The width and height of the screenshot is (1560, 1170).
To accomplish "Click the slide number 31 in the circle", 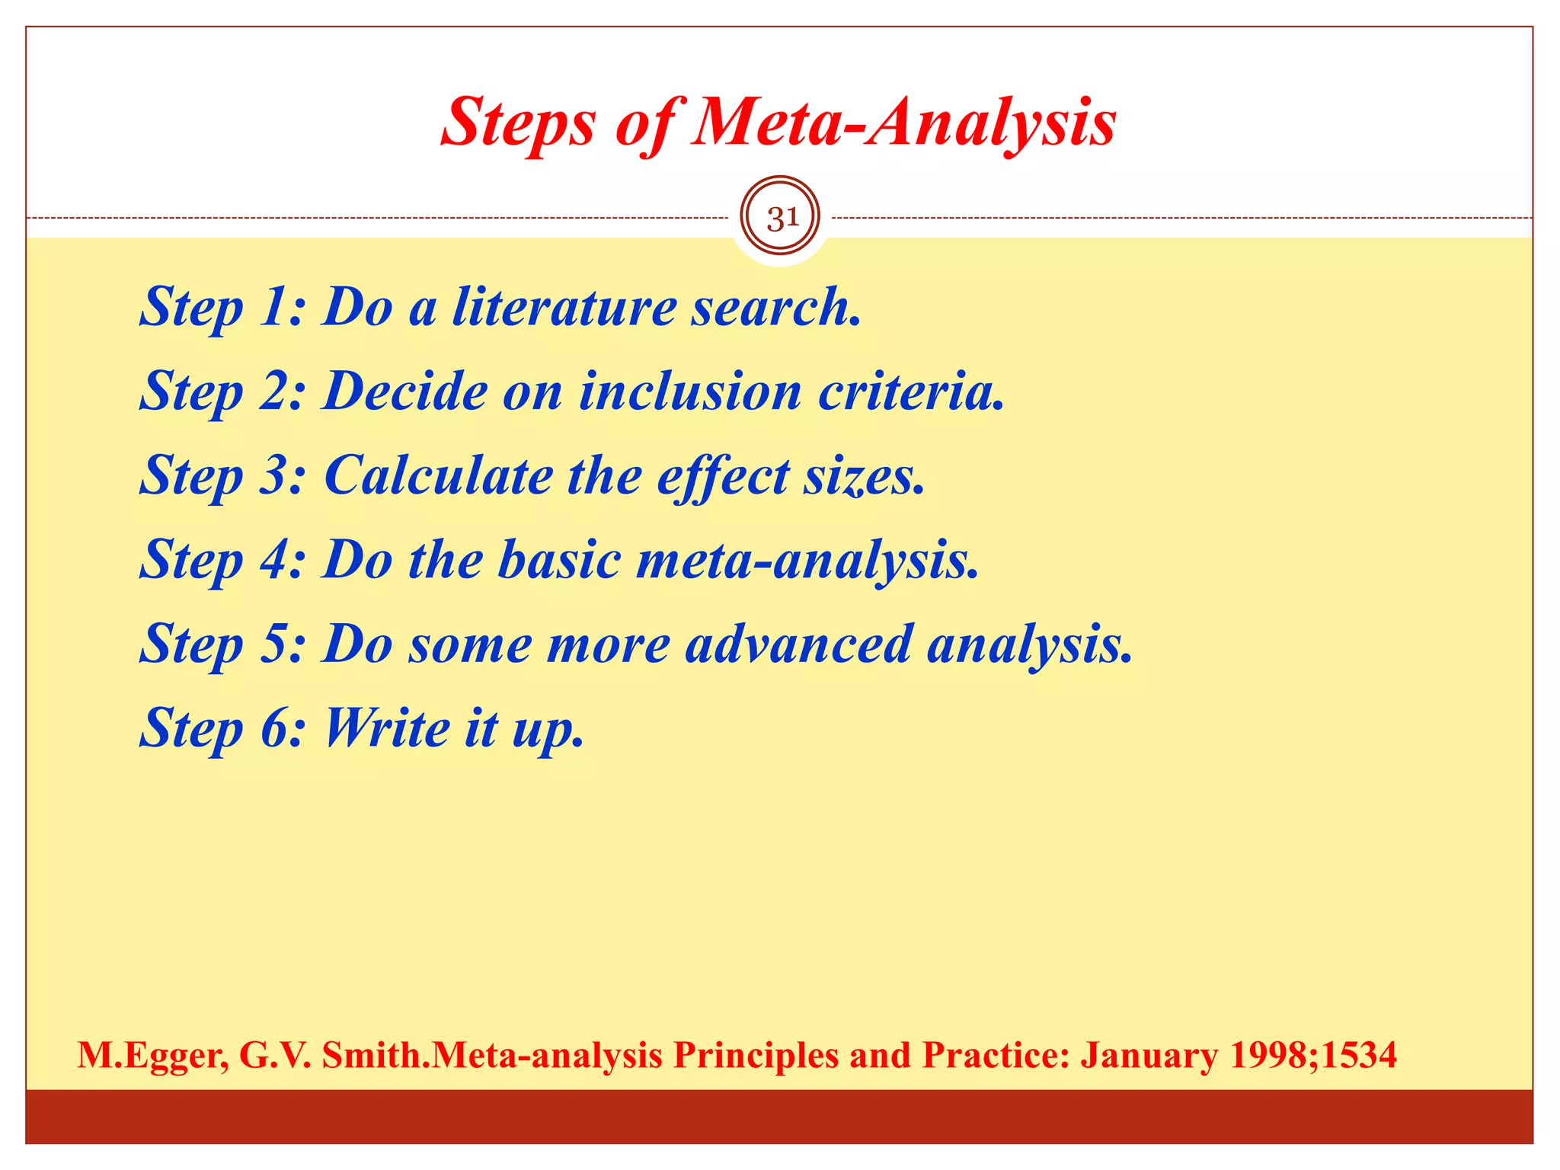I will click(x=780, y=219).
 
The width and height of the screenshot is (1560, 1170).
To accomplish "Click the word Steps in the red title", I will click(x=517, y=123).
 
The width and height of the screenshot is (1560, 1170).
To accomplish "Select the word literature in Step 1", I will click(x=564, y=307).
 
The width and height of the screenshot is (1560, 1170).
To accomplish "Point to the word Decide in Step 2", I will click(x=404, y=392).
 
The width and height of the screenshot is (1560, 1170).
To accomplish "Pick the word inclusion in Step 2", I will click(x=690, y=392).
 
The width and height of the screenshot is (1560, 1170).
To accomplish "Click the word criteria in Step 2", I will click(x=910, y=392).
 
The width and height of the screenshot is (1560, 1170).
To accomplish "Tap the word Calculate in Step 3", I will click(x=439, y=476).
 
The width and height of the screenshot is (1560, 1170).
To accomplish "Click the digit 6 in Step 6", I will click(x=273, y=728).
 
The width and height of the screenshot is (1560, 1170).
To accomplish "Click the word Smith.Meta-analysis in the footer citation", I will click(x=492, y=1056).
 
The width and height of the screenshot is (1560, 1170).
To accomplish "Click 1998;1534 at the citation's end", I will click(x=1313, y=1055).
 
